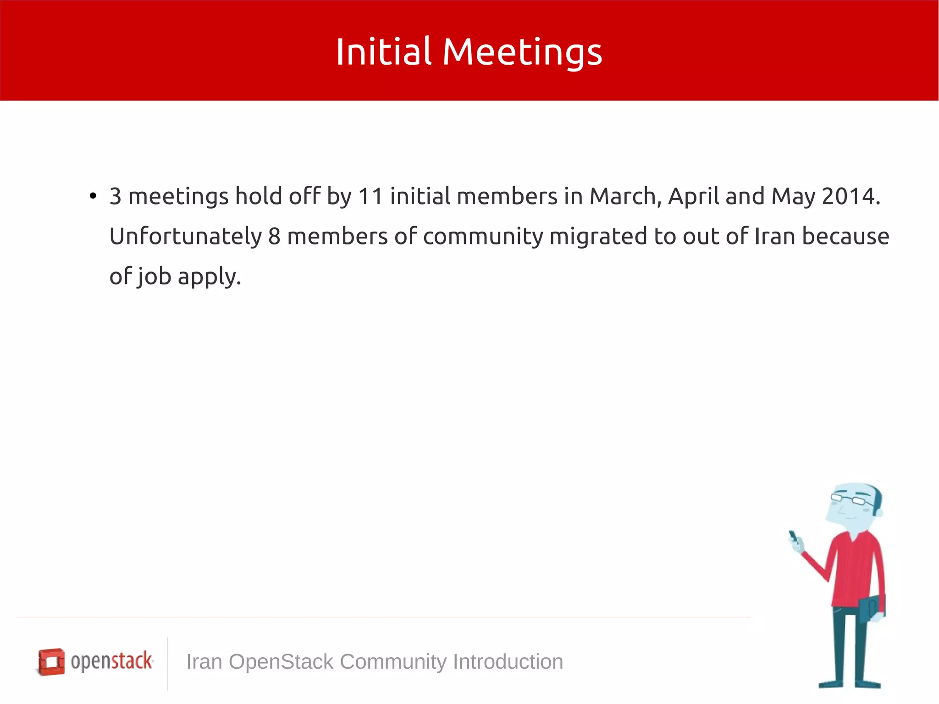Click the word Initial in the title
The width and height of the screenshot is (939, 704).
(383, 51)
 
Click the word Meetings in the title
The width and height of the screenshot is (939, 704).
(522, 52)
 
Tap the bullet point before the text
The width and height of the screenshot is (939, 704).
(93, 196)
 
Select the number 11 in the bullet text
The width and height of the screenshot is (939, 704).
(370, 196)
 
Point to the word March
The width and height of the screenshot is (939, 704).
(624, 196)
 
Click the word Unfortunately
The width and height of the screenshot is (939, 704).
(185, 237)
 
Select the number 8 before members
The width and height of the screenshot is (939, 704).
(274, 237)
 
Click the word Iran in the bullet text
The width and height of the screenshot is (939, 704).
(774, 237)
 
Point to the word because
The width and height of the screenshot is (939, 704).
(845, 237)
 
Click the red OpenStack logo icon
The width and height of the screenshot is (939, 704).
(51, 661)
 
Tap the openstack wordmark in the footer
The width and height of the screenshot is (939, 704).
(111, 661)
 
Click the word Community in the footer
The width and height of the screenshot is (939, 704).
(393, 662)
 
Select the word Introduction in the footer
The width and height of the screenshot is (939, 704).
(508, 662)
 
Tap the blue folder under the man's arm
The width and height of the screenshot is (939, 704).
(871, 608)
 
